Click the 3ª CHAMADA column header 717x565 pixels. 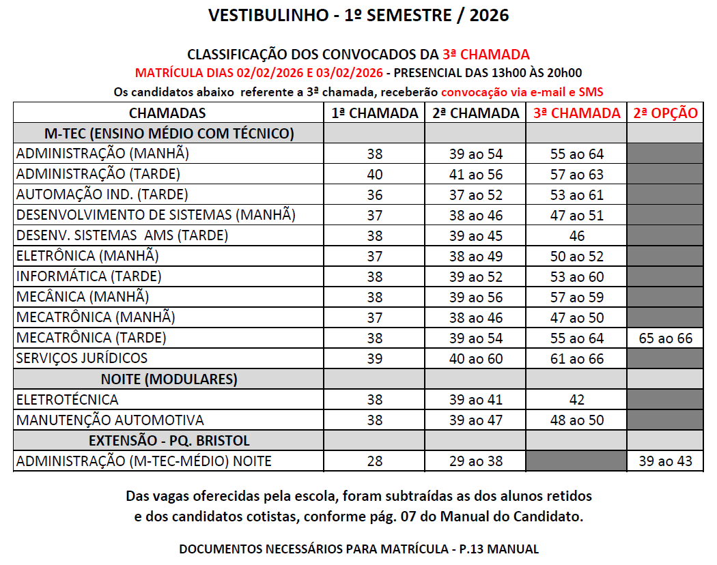click(x=577, y=113)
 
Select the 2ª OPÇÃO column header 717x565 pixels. click(x=665, y=113)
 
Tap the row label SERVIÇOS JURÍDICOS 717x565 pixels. click(x=82, y=358)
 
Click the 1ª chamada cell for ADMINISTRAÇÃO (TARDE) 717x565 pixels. click(x=375, y=174)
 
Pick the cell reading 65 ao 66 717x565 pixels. click(x=665, y=338)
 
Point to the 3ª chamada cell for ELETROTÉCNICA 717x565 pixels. click(x=577, y=399)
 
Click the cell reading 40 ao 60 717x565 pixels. click(x=476, y=358)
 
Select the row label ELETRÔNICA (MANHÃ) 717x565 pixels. click(x=87, y=256)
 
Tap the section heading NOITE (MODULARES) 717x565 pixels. click(x=169, y=379)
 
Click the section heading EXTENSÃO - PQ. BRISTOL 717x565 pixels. click(x=169, y=440)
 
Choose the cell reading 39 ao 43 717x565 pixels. click(x=665, y=461)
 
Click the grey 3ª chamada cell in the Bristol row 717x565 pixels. click(x=577, y=461)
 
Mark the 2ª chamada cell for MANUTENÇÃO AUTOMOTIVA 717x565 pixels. click(x=476, y=420)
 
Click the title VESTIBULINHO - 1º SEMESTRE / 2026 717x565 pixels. click(x=358, y=15)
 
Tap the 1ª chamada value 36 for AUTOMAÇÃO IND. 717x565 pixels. click(x=375, y=194)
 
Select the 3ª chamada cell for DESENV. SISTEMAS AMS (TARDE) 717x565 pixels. click(x=577, y=235)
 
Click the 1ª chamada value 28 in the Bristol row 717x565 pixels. click(x=375, y=461)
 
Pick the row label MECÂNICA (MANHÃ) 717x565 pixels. click(x=82, y=297)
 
